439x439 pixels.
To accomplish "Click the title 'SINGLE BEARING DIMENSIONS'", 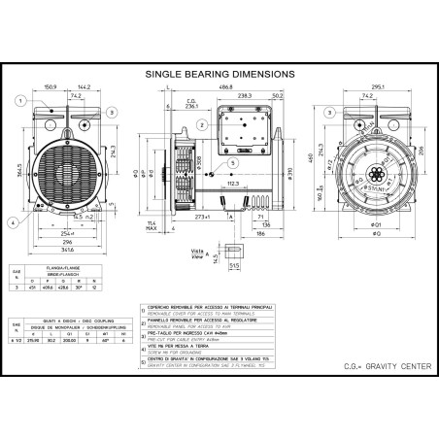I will coord(219,73).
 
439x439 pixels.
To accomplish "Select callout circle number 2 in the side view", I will coord(200,124).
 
